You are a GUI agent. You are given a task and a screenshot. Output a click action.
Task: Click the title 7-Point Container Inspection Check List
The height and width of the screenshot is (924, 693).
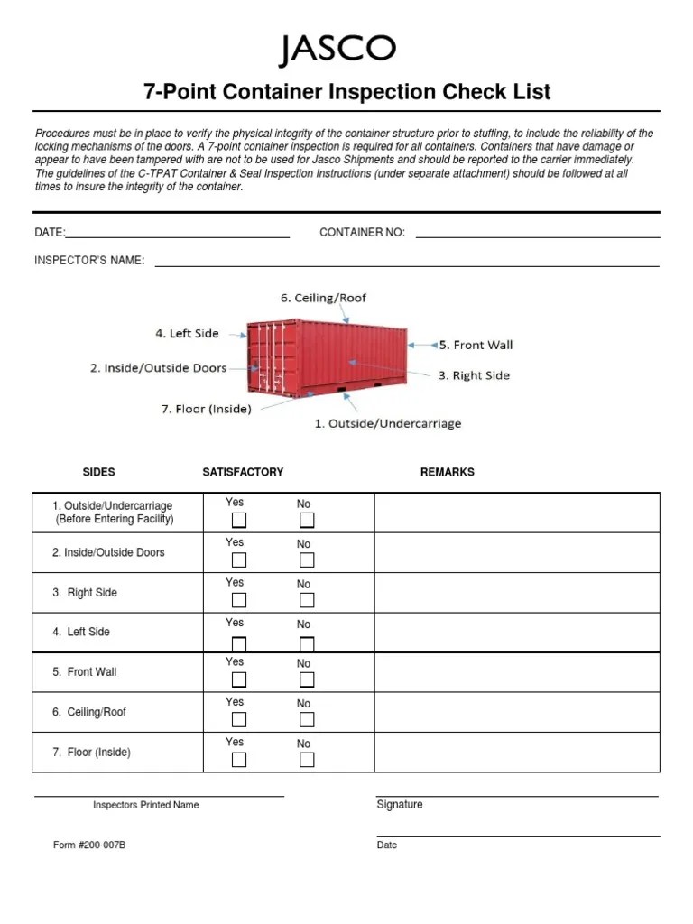(347, 92)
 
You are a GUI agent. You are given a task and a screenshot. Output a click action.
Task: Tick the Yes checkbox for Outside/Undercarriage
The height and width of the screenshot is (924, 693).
(239, 520)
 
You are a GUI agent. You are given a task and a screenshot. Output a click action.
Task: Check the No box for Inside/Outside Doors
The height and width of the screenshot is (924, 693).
(307, 560)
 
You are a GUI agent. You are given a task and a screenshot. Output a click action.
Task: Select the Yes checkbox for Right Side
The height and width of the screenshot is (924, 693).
(239, 600)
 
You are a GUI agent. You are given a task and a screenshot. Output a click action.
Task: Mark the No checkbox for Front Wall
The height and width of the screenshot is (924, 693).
(307, 679)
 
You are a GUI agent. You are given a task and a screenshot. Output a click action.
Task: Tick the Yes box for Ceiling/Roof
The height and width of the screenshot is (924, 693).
(239, 719)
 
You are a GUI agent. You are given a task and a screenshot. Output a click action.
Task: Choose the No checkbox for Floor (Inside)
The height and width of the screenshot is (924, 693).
(307, 759)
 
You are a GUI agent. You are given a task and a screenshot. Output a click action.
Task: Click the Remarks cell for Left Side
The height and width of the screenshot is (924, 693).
(517, 632)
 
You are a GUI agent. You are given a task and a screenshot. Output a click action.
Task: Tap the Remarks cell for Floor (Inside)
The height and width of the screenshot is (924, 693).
(517, 752)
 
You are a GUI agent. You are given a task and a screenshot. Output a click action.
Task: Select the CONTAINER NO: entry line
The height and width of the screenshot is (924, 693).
(537, 233)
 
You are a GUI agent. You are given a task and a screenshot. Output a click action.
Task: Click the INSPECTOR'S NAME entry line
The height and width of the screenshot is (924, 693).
(406, 262)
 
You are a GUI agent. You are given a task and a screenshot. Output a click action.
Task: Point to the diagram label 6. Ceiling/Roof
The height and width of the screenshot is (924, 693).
(323, 298)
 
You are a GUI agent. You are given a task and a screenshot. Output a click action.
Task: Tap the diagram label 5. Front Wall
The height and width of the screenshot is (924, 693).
(476, 345)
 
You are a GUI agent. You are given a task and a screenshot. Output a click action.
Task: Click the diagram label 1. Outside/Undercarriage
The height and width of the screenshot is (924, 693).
(387, 423)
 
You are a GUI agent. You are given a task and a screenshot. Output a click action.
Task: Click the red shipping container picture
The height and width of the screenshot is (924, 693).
(327, 359)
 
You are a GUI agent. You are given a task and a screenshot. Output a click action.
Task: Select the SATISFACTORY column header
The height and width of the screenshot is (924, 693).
(243, 472)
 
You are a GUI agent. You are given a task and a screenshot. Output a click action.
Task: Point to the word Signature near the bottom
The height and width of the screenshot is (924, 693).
(399, 804)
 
